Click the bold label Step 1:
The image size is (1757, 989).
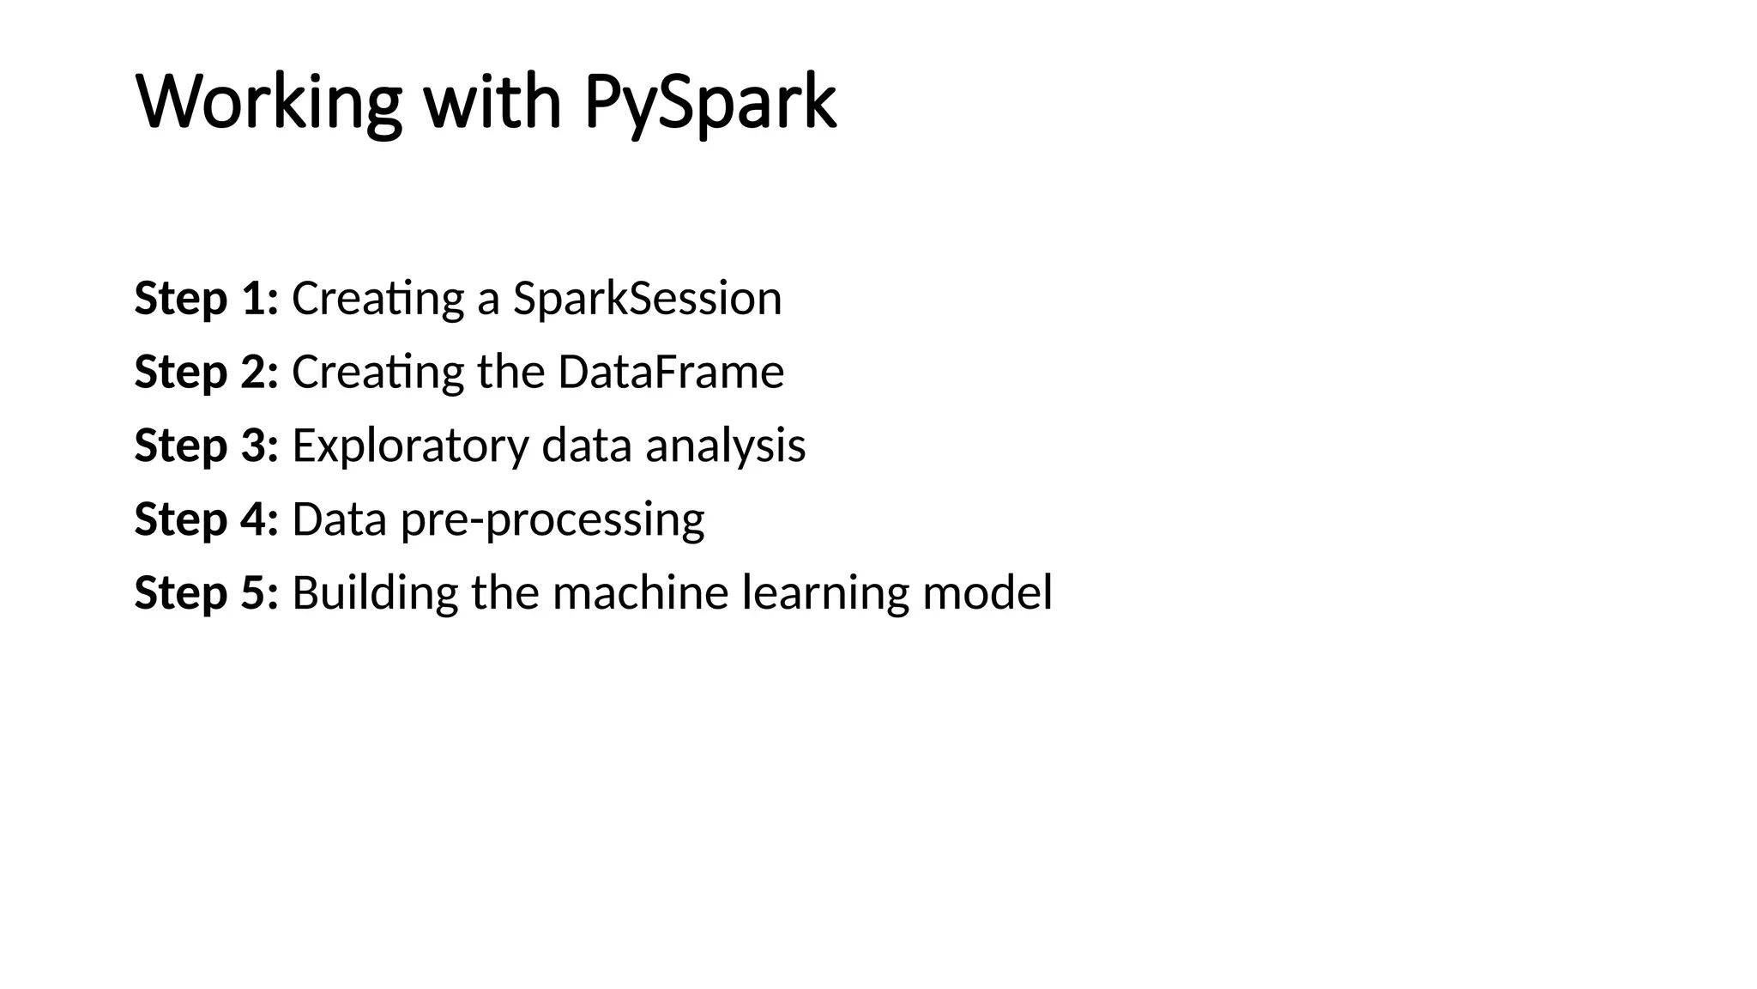(x=206, y=299)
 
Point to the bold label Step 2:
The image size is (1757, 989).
(x=206, y=372)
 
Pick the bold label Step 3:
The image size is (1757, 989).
(x=206, y=446)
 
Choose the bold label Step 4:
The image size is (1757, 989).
(x=206, y=519)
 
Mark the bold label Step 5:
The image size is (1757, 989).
(x=206, y=592)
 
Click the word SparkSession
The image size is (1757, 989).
(x=647, y=299)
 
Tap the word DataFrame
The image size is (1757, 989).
(x=671, y=372)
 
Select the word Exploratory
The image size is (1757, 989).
(x=410, y=446)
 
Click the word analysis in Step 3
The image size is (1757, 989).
(x=725, y=446)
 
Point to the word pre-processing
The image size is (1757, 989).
(x=552, y=520)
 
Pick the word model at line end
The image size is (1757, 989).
(x=987, y=592)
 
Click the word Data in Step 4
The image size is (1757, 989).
(x=340, y=519)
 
